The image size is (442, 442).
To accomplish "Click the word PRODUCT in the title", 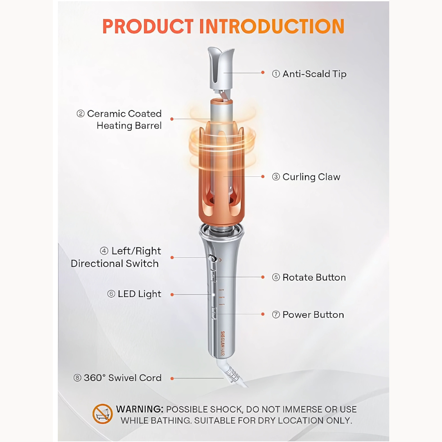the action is [x=148, y=26].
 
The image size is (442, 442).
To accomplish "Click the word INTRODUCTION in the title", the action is [x=272, y=26].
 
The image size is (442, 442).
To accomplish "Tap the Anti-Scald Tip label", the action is [x=309, y=74].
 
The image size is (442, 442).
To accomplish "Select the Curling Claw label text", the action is [x=306, y=177].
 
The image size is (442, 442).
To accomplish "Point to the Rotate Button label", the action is [x=309, y=277].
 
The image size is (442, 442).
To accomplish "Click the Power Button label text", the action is [x=308, y=315].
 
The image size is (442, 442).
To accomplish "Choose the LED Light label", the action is [x=135, y=294].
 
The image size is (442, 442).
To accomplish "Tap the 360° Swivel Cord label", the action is [x=117, y=378].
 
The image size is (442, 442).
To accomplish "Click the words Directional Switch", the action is [x=115, y=264].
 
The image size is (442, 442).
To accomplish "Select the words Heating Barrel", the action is [x=129, y=126].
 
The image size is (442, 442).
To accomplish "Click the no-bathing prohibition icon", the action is [x=103, y=414].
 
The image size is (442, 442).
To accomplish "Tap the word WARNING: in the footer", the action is [x=140, y=409].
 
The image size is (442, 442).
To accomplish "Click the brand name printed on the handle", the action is [x=223, y=344].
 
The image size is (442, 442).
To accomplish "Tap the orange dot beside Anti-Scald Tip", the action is [x=263, y=73].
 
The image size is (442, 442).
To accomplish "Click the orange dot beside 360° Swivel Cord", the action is [x=172, y=379].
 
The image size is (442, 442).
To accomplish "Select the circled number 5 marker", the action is [x=276, y=277].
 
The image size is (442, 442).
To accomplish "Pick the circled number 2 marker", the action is [x=81, y=114].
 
